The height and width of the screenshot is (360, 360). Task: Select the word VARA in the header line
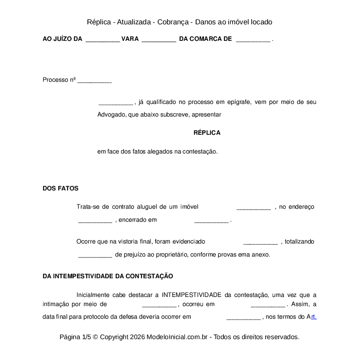[x=130, y=39]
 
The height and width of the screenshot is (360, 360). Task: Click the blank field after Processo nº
[x=94, y=80]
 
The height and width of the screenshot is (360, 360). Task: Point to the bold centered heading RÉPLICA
[x=207, y=133]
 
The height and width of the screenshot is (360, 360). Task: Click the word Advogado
[x=112, y=115]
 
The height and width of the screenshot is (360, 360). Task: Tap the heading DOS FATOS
[x=60, y=189]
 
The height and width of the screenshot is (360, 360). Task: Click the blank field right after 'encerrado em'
[x=211, y=220]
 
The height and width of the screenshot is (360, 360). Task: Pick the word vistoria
[x=134, y=242]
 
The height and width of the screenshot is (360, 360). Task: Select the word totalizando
[x=300, y=242]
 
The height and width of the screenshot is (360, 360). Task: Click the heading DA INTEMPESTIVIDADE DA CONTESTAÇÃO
[x=108, y=277]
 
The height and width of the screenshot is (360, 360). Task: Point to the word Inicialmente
[x=93, y=295]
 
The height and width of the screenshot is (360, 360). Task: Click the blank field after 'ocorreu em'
[x=268, y=305]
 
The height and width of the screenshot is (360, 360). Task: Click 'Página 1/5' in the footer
[x=75, y=337]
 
